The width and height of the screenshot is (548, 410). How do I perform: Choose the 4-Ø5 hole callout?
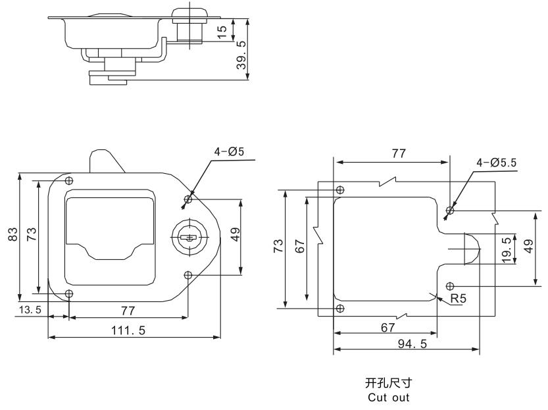[x=228, y=151]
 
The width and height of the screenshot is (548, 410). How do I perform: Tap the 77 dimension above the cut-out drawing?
[x=398, y=153]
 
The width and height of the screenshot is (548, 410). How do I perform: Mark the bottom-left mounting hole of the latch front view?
[x=69, y=293]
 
